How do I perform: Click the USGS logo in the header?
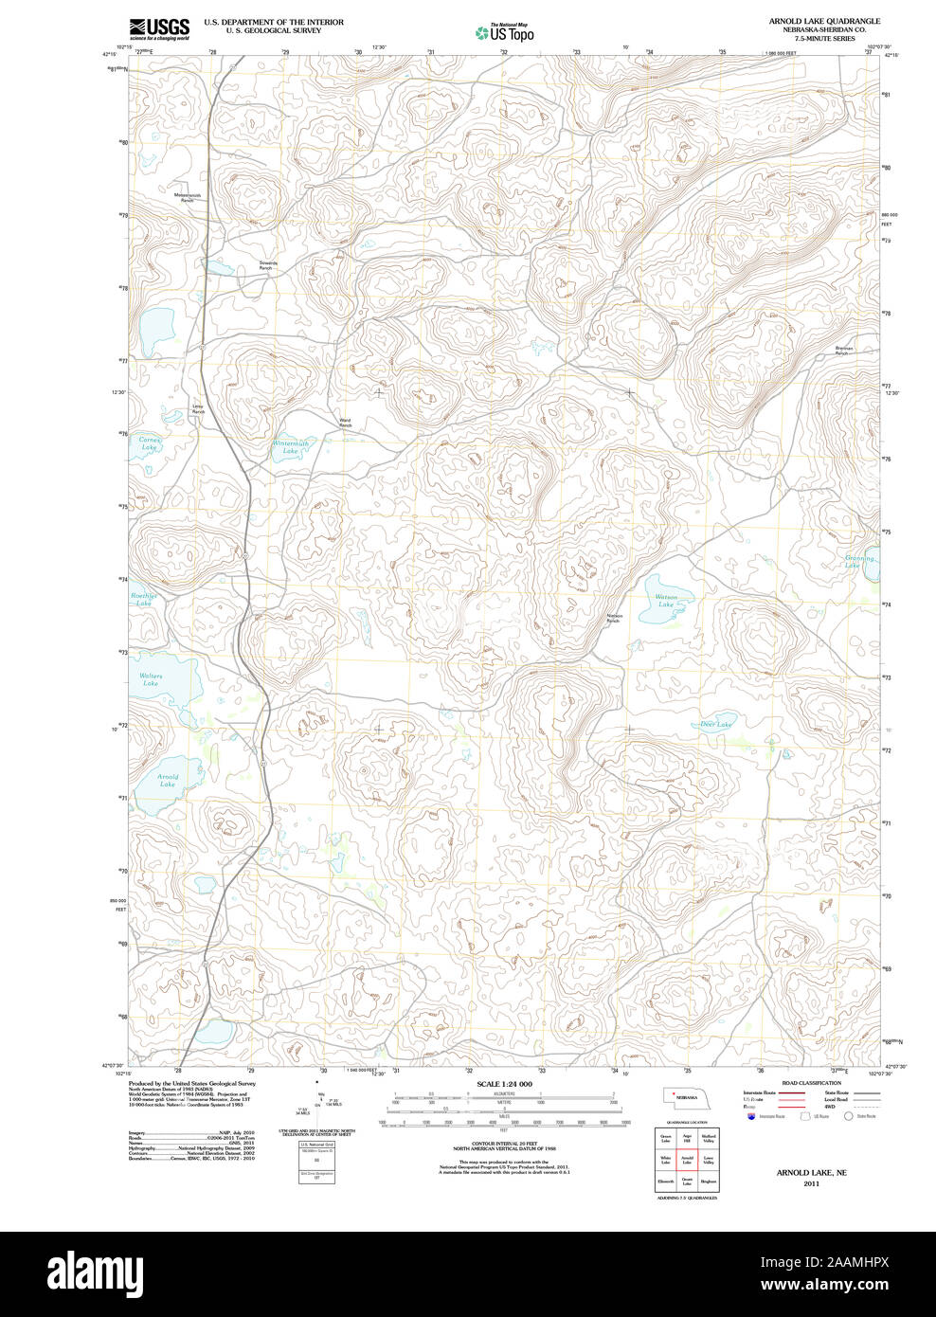point(159,27)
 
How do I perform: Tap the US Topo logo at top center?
point(505,32)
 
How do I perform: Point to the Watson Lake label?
point(666,601)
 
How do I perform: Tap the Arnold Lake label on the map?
point(168,781)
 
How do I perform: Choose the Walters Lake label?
point(151,679)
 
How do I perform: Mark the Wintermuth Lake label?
point(290,447)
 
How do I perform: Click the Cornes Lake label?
point(150,443)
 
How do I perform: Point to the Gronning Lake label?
point(858,562)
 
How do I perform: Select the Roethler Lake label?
point(143,600)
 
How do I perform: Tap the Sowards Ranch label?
point(267,266)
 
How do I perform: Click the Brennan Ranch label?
point(843,351)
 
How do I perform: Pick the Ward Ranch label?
point(345,424)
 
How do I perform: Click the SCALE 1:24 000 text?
point(504,1084)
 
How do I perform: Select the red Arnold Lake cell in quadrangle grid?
point(688,1159)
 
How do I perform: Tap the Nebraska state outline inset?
point(684,1096)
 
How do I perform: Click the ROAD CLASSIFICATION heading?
point(811,1083)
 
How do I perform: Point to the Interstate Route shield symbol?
point(751,1117)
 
